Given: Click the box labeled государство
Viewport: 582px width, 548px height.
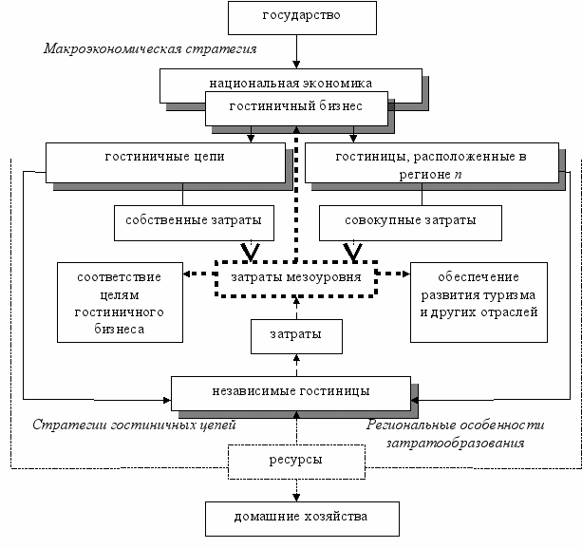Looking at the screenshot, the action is pos(302,18).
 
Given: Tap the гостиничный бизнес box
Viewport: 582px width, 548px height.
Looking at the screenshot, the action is pos(296,108).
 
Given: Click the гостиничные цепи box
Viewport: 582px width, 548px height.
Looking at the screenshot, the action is pos(165,162).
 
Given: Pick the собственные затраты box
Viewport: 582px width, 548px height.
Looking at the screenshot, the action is pos(194,223).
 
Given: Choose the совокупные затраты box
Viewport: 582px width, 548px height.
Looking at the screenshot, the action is pos(410,223).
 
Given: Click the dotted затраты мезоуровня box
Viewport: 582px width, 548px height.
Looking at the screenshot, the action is pos(296,279).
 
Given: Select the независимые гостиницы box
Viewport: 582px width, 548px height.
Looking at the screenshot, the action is pos(291,393).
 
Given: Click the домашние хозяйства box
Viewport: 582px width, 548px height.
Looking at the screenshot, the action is pos(302,520).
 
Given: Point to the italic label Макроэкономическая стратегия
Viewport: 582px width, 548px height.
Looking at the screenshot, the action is pos(150,49).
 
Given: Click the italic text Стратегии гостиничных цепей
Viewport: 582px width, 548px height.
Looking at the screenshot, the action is pos(134,425).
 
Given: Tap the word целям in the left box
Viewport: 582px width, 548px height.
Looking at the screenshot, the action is pos(120,295).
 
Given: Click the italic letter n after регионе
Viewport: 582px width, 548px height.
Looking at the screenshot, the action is pos(458,175).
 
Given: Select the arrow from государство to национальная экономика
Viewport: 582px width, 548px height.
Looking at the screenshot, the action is pos(296,51).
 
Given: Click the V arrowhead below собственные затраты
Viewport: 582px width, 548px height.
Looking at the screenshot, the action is pos(251,253).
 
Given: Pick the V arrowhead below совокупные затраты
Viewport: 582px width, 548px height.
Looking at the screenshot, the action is pos(353,253).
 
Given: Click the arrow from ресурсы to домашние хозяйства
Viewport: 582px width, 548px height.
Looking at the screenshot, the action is pos(296,490).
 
